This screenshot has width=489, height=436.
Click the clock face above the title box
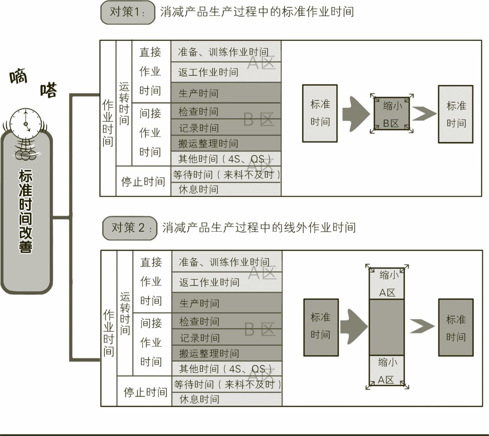[x=26, y=124]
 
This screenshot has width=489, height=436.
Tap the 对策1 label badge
[x=128, y=12]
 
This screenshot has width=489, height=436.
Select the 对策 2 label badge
[x=130, y=228]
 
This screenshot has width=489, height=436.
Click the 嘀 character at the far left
[x=18, y=76]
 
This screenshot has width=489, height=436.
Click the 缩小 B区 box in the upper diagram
[x=392, y=114]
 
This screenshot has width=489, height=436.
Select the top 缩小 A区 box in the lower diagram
[x=387, y=283]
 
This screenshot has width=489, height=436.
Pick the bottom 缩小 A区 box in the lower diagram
[x=386, y=371]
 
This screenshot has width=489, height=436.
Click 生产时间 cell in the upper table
[x=226, y=93]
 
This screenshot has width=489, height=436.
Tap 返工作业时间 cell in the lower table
[x=227, y=282]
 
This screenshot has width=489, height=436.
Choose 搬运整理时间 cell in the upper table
[x=226, y=143]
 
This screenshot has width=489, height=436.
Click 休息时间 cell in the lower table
[x=227, y=399]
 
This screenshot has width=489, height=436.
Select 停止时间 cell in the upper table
[x=143, y=181]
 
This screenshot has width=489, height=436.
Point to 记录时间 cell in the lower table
[x=227, y=338]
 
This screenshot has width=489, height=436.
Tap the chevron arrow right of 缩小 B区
[x=424, y=114]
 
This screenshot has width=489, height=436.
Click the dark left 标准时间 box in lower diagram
[x=321, y=327]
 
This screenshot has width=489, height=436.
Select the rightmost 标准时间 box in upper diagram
[x=456, y=114]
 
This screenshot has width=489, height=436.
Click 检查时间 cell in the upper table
[x=226, y=111]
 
